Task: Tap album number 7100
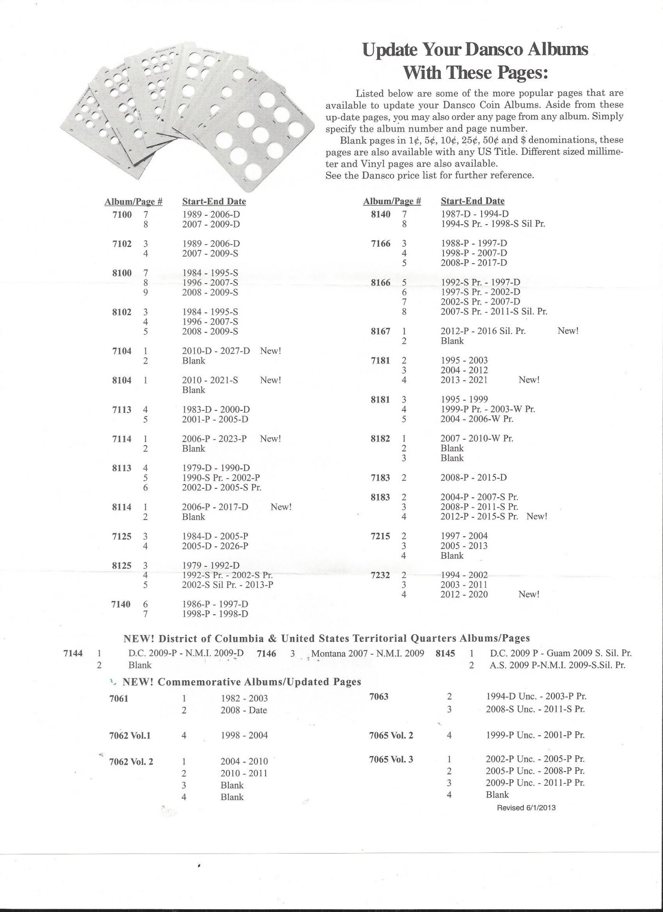point(122,215)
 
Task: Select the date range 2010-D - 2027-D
point(216,351)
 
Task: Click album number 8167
point(380,331)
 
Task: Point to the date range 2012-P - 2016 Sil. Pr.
point(483,331)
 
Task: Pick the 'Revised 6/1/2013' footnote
point(526,807)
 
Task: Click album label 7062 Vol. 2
point(131,761)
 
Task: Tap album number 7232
point(380,575)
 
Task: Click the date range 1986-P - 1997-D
point(215,604)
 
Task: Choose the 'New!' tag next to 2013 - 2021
point(529,380)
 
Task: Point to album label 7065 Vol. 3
point(391,760)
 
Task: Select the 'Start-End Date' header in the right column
point(473,201)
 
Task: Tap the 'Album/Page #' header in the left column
point(133,202)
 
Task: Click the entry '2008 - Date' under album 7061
point(244,711)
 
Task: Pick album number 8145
point(445,654)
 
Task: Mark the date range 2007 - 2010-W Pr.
point(476,438)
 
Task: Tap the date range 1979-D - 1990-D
point(216,468)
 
